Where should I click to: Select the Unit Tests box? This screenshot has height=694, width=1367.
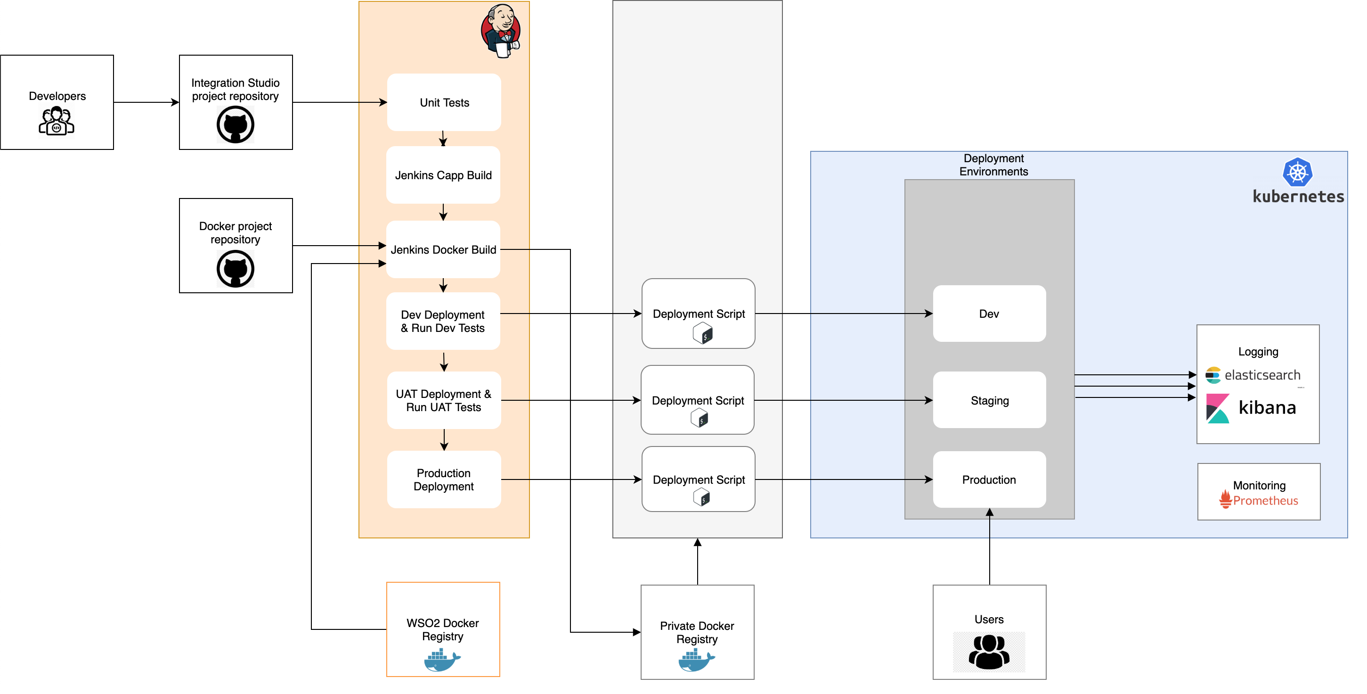point(444,102)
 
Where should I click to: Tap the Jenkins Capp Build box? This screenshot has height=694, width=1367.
point(443,175)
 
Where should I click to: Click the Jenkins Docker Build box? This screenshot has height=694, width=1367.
point(443,249)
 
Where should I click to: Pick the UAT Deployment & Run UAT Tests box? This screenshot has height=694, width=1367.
point(444,400)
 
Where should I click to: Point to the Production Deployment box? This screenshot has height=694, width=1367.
point(444,479)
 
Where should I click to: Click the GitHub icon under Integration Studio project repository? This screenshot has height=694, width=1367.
point(235,125)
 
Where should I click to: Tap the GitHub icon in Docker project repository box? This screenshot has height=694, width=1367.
point(235,269)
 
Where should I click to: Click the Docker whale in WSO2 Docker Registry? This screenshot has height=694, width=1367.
point(442,660)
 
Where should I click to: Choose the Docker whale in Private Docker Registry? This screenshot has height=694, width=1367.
point(696,660)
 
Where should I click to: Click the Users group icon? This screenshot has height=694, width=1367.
point(989,652)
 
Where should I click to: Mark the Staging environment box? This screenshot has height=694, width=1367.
point(989,400)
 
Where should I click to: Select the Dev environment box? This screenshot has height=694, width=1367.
point(989,314)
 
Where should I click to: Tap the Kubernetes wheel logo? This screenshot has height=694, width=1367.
point(1297,172)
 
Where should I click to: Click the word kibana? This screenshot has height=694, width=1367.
point(1267,408)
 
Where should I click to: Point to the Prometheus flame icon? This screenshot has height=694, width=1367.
point(1225,499)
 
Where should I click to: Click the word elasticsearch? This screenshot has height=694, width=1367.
point(1262,375)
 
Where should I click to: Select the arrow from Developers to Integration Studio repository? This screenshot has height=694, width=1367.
point(146,102)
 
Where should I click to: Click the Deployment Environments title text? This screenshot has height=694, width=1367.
point(993,165)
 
